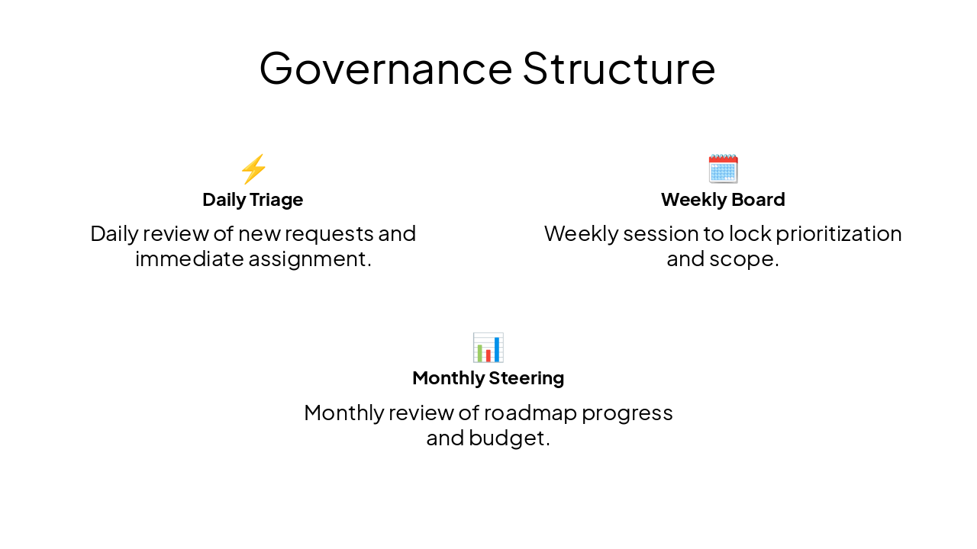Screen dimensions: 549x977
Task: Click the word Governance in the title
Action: [x=385, y=68]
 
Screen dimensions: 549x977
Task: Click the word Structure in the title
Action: [x=619, y=68]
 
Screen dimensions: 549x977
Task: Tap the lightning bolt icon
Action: [x=253, y=169]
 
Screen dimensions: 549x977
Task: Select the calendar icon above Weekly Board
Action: [x=723, y=169]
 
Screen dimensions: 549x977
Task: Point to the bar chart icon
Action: [x=488, y=348]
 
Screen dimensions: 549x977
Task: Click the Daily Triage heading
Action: [x=253, y=200]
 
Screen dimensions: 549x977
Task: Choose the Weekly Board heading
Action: [x=723, y=200]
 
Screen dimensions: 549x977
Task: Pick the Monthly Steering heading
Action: [x=488, y=378]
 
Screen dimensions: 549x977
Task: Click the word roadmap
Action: [x=530, y=413]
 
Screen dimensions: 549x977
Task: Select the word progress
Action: [x=627, y=413]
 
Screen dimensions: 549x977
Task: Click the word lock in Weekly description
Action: [x=730, y=233]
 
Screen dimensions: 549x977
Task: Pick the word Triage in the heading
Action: [x=276, y=200]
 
